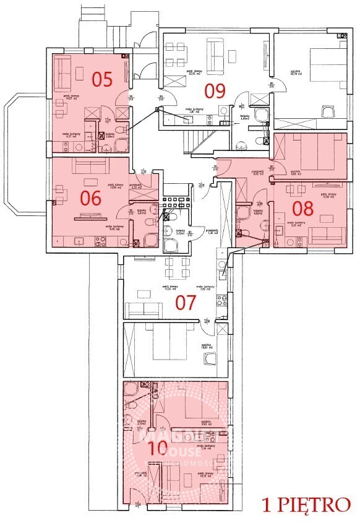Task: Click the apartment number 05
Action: pos(103,79)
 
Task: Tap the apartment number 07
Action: pos(186,303)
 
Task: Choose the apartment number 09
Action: pos(215,90)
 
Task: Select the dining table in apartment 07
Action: pos(177,267)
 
